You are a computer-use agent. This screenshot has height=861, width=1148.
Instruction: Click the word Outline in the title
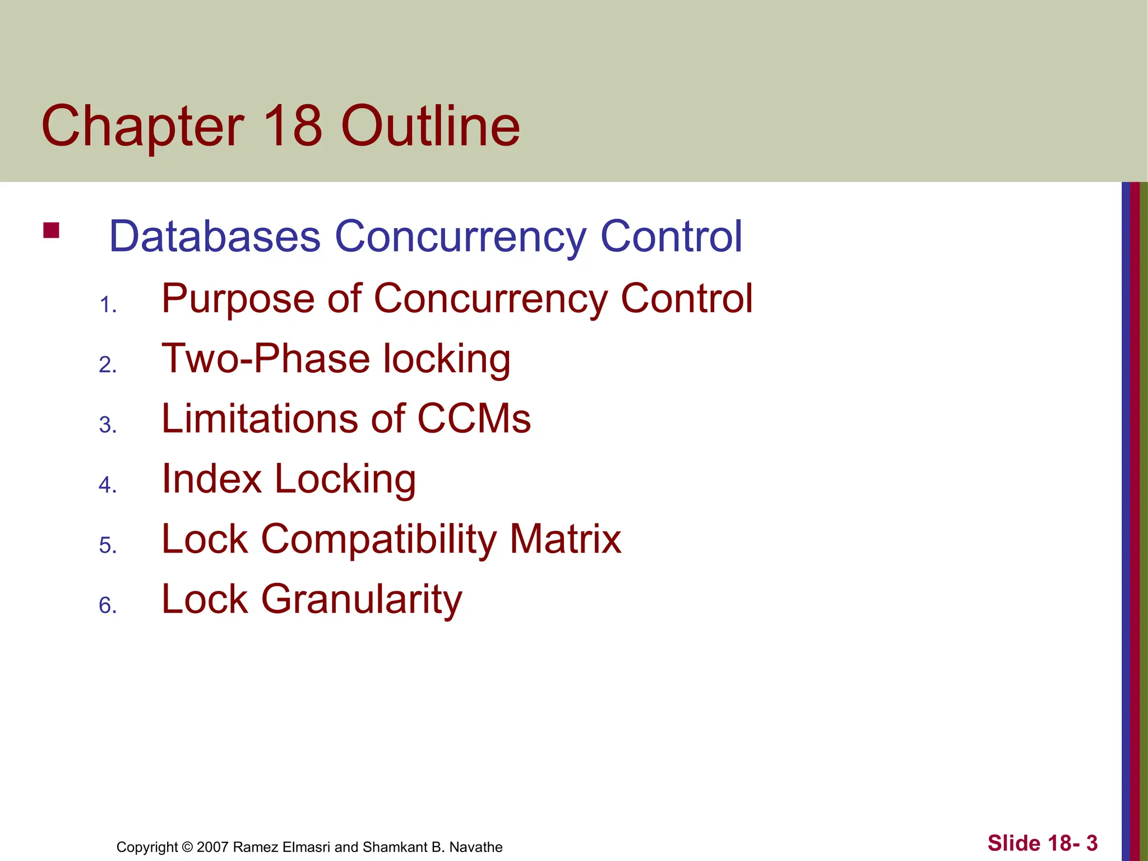pyautogui.click(x=430, y=126)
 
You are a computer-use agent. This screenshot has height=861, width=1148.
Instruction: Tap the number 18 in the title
pyautogui.click(x=292, y=126)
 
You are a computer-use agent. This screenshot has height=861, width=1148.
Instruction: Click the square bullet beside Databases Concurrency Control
pyautogui.click(x=51, y=231)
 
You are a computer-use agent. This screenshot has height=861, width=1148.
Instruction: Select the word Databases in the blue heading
pyautogui.click(x=215, y=236)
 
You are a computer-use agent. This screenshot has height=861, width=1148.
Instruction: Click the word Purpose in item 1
pyautogui.click(x=238, y=299)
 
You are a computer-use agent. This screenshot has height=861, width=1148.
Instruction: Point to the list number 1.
pyautogui.click(x=107, y=305)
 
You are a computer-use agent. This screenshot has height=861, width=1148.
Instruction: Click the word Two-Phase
pyautogui.click(x=266, y=359)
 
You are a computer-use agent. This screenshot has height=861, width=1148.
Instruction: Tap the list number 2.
pyautogui.click(x=107, y=365)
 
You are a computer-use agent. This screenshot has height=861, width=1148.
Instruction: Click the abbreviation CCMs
pyautogui.click(x=474, y=419)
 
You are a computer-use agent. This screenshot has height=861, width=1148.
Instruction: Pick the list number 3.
pyautogui.click(x=107, y=425)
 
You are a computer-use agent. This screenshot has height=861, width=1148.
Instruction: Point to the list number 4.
pyautogui.click(x=107, y=485)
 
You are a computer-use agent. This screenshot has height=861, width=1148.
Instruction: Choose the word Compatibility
pyautogui.click(x=379, y=539)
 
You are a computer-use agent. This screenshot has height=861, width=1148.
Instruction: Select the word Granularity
pyautogui.click(x=362, y=600)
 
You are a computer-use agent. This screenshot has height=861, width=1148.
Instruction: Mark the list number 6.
pyautogui.click(x=107, y=606)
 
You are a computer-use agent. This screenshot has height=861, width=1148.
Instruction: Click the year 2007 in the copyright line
pyautogui.click(x=212, y=847)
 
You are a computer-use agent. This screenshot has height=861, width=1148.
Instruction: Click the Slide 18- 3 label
pyautogui.click(x=1042, y=843)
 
